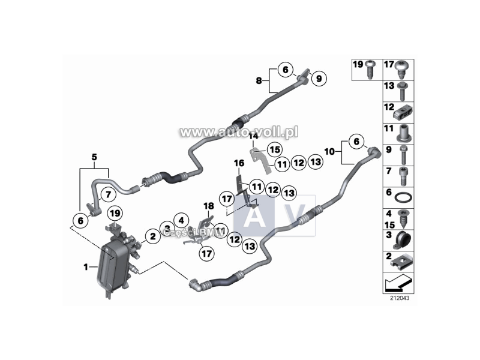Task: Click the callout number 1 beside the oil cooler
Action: (x=86, y=266)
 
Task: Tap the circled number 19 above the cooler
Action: (x=115, y=212)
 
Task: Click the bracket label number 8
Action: (x=259, y=80)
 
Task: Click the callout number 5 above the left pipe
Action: (x=94, y=157)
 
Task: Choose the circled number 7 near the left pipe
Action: (x=108, y=194)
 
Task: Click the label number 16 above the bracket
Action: (x=239, y=163)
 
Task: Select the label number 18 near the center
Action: (x=209, y=206)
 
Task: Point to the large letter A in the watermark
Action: (x=254, y=216)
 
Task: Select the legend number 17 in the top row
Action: (x=389, y=64)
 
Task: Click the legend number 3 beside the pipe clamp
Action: (x=389, y=235)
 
